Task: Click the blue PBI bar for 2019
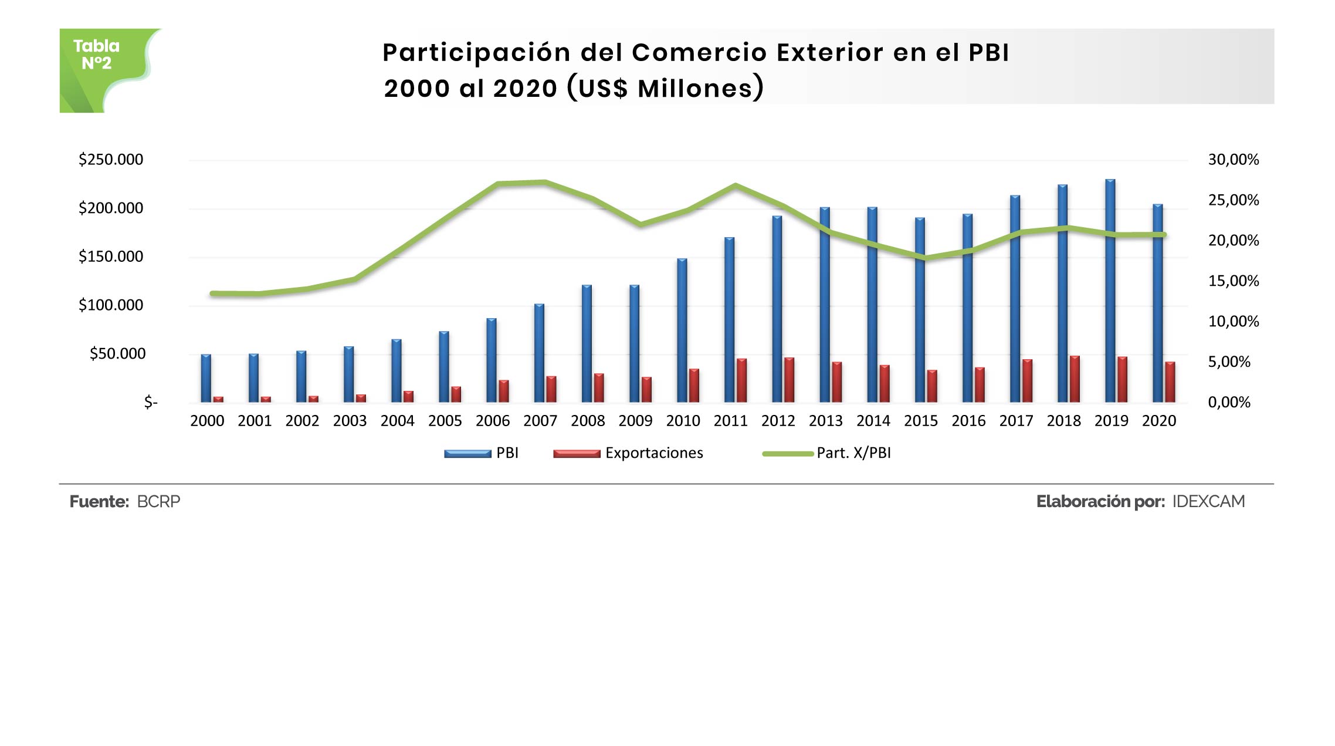click(x=1110, y=291)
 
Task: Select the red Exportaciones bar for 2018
click(x=1075, y=379)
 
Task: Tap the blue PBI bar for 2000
click(x=206, y=379)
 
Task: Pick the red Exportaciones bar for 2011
click(x=741, y=380)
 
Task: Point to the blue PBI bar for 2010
click(x=682, y=330)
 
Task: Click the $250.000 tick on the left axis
click(x=111, y=160)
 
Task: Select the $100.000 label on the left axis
click(x=111, y=305)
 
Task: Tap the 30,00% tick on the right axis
click(x=1233, y=160)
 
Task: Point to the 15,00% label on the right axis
click(x=1233, y=281)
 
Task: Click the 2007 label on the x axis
click(x=540, y=421)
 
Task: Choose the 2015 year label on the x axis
click(x=920, y=421)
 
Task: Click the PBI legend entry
click(x=507, y=453)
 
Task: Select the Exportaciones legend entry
click(x=654, y=453)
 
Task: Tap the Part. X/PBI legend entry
click(x=853, y=453)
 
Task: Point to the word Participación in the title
click(x=476, y=53)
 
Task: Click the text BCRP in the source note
click(x=158, y=502)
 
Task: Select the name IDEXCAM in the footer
click(x=1208, y=502)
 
